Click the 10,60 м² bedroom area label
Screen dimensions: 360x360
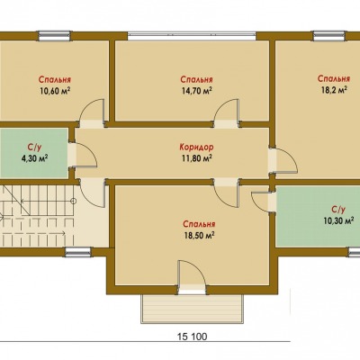[55, 91]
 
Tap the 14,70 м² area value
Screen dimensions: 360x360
[197, 91]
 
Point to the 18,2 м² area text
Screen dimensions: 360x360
[333, 90]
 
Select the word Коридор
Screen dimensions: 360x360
[197, 147]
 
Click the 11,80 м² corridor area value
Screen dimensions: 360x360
[197, 157]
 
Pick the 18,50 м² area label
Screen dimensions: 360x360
[199, 236]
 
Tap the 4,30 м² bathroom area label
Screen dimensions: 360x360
[35, 158]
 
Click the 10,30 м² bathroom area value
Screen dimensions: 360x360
[337, 220]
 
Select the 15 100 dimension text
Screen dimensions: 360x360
[191, 337]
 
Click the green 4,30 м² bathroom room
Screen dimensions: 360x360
[33, 153]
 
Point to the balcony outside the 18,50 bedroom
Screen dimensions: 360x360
[192, 309]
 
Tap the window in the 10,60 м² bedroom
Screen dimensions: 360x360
[54, 36]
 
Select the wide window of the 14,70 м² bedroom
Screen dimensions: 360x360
[192, 36]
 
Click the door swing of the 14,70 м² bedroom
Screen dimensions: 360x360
[227, 111]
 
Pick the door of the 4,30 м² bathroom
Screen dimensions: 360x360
[85, 154]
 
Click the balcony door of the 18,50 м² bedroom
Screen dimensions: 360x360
[192, 273]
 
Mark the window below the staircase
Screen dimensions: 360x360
[78, 252]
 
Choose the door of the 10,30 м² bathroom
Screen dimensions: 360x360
[261, 201]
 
